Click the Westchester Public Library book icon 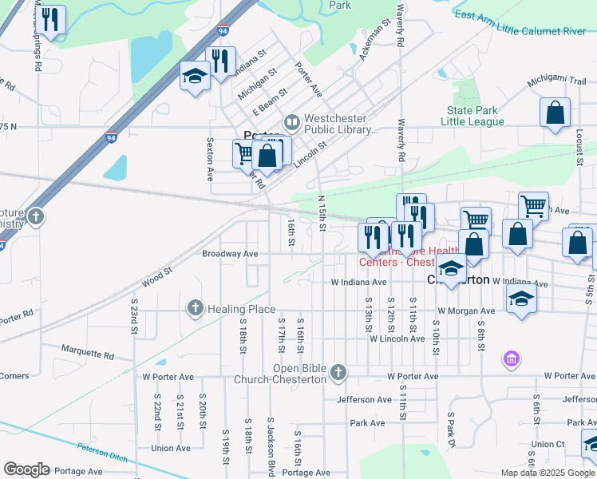291,122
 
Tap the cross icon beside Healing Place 195,308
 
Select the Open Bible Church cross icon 338,372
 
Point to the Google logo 26,469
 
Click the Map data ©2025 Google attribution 547,473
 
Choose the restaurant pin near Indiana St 220,61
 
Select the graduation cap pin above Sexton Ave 194,77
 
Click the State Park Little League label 476,116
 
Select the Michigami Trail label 556,82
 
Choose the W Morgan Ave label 465,311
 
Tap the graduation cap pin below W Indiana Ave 521,299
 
